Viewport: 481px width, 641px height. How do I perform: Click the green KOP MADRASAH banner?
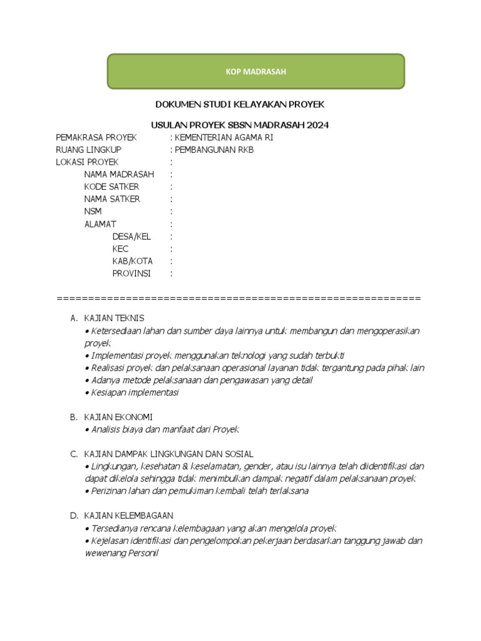pyautogui.click(x=256, y=71)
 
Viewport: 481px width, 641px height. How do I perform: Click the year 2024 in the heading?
pyautogui.click(x=318, y=125)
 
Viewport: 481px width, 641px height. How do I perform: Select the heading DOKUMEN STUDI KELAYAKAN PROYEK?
pyautogui.click(x=240, y=103)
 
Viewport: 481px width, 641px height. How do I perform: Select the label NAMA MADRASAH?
pyautogui.click(x=119, y=174)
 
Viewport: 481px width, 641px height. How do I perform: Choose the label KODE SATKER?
pyautogui.click(x=111, y=187)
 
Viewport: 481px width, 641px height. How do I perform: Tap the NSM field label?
pyautogui.click(x=93, y=212)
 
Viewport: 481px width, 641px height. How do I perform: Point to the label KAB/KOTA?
pyautogui.click(x=132, y=261)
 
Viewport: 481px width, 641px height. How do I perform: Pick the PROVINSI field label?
pyautogui.click(x=132, y=274)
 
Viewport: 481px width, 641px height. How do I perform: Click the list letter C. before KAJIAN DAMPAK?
pyautogui.click(x=73, y=454)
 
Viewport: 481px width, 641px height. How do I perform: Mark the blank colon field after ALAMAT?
pyautogui.click(x=172, y=224)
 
